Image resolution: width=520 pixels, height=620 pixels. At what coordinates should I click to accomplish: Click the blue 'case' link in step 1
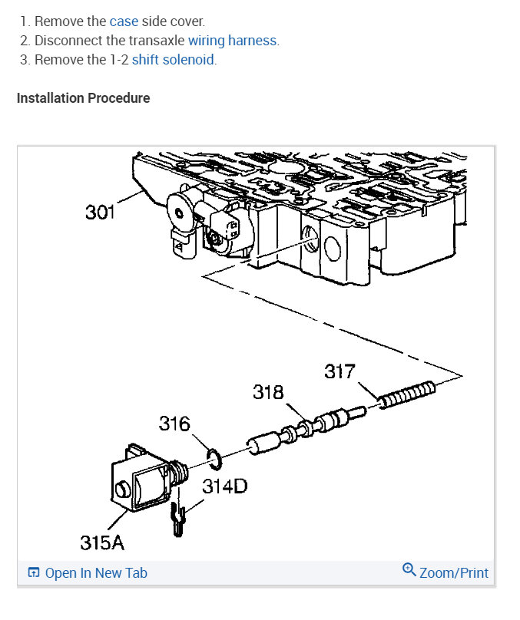pyautogui.click(x=124, y=21)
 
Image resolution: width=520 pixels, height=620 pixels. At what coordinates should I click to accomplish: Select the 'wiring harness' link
pyautogui.click(x=233, y=41)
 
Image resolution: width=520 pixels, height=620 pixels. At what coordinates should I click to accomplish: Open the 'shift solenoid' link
pyautogui.click(x=173, y=60)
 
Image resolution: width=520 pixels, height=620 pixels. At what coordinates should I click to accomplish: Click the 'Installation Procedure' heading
pyautogui.click(x=83, y=98)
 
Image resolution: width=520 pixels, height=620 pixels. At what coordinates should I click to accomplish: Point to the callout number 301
pyautogui.click(x=100, y=211)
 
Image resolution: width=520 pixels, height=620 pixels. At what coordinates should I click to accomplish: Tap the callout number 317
pyautogui.click(x=339, y=372)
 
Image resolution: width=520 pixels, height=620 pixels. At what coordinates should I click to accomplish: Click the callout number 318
pyautogui.click(x=268, y=393)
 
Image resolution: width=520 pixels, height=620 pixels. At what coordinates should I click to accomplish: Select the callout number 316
pyautogui.click(x=174, y=424)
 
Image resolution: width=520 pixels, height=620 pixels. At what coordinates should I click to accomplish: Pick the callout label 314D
pyautogui.click(x=225, y=486)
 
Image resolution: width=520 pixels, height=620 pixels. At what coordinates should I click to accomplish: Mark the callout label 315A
pyautogui.click(x=102, y=542)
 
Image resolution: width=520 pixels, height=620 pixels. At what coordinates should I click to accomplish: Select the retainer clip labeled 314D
pyautogui.click(x=177, y=518)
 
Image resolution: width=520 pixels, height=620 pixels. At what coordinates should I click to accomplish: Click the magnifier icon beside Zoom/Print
pyautogui.click(x=409, y=571)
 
